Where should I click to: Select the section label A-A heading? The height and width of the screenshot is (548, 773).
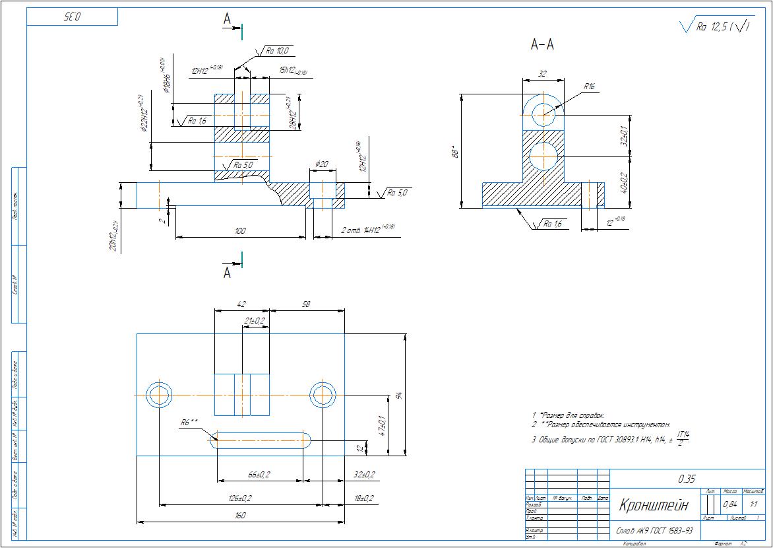[x=542, y=45]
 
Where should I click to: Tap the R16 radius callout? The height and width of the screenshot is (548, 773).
[x=590, y=86]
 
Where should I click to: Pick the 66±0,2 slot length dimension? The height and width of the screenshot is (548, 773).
[x=259, y=475]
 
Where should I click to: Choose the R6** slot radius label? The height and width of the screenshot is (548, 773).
[x=189, y=422]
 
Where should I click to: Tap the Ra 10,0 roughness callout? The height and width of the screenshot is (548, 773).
[x=277, y=50]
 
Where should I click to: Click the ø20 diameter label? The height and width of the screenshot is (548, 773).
[x=322, y=163]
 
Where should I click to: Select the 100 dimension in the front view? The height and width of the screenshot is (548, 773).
[x=240, y=230]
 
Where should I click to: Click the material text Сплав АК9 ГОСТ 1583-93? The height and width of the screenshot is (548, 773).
[x=654, y=530]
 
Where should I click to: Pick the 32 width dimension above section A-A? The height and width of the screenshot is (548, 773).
[x=542, y=75]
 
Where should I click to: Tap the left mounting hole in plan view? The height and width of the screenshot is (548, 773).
[x=159, y=395]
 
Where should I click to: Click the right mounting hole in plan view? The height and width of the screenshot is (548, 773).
[x=323, y=395]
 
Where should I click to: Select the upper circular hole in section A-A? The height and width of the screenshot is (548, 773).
[x=544, y=114]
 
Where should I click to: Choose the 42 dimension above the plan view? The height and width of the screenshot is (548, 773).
[x=241, y=304]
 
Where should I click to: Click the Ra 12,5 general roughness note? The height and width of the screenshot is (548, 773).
[x=716, y=27]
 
